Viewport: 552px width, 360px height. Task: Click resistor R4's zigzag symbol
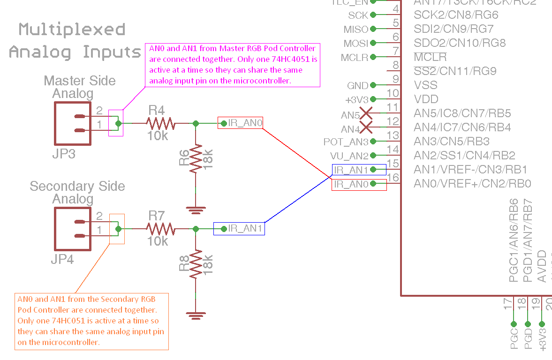(x=160, y=123)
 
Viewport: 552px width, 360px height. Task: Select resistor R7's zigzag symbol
(x=160, y=229)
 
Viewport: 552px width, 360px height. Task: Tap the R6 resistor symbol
(x=196, y=159)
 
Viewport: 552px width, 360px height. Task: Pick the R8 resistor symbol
(x=196, y=264)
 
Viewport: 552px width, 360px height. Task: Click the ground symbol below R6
(x=196, y=208)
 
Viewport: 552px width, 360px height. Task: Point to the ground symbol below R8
(x=196, y=313)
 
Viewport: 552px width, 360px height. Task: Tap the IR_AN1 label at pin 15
(x=352, y=170)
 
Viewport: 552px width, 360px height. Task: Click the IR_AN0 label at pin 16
(x=352, y=184)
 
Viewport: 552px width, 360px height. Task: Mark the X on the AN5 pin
(x=366, y=113)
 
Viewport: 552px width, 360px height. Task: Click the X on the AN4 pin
(x=366, y=127)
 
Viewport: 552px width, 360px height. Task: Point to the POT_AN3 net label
(x=346, y=142)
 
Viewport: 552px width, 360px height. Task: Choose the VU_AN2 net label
(x=349, y=156)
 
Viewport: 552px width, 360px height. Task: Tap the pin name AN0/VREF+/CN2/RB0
(x=473, y=184)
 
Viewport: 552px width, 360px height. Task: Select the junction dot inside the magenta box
(x=118, y=123)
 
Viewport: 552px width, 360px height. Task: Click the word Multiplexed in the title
(x=72, y=30)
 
